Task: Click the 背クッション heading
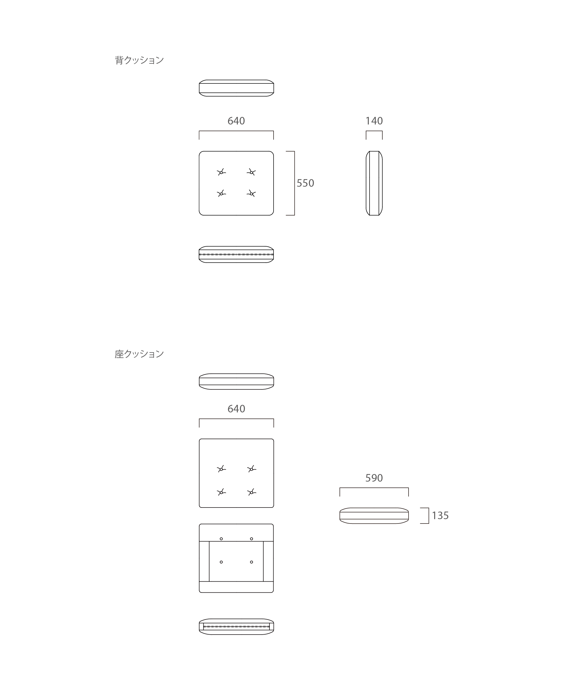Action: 139,60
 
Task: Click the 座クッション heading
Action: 139,354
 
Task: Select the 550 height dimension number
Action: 305,183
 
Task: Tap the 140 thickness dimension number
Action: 374,121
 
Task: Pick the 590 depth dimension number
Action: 374,478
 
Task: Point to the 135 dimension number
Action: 440,516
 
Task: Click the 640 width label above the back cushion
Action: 236,121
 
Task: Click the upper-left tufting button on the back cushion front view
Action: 221,172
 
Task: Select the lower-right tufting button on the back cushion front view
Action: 251,193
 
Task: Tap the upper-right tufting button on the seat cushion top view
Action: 252,469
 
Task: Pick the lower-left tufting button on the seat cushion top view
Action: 221,492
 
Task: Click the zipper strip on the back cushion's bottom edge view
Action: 236,254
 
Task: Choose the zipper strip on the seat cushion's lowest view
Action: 236,626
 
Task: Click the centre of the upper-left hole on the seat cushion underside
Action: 221,539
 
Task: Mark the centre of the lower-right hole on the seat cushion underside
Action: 251,562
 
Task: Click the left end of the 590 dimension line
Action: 340,488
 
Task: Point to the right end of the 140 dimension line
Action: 382,131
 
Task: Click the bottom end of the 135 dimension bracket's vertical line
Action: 429,523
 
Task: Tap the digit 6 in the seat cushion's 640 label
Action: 230,409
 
